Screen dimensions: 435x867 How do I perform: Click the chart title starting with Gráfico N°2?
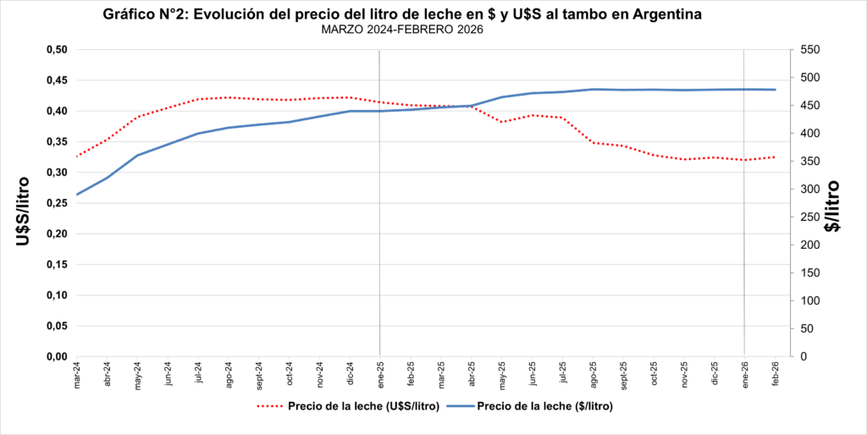pos(401,14)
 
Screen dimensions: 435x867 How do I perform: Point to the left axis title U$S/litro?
pos(24,212)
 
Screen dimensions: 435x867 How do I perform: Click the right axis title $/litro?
pos(834,206)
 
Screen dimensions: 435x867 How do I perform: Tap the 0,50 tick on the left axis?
pos(55,50)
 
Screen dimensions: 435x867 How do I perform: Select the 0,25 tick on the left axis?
pos(55,203)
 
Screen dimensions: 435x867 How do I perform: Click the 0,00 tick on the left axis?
pos(55,356)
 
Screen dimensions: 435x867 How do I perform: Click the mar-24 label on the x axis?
pos(77,375)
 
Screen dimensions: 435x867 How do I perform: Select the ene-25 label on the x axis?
pos(380,375)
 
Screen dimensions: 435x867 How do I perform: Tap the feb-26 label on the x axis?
pos(775,375)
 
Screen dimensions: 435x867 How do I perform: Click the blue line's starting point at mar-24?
pos(77,195)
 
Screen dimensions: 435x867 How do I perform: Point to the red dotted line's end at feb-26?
pos(775,157)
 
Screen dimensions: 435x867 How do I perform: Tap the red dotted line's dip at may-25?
pos(502,122)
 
